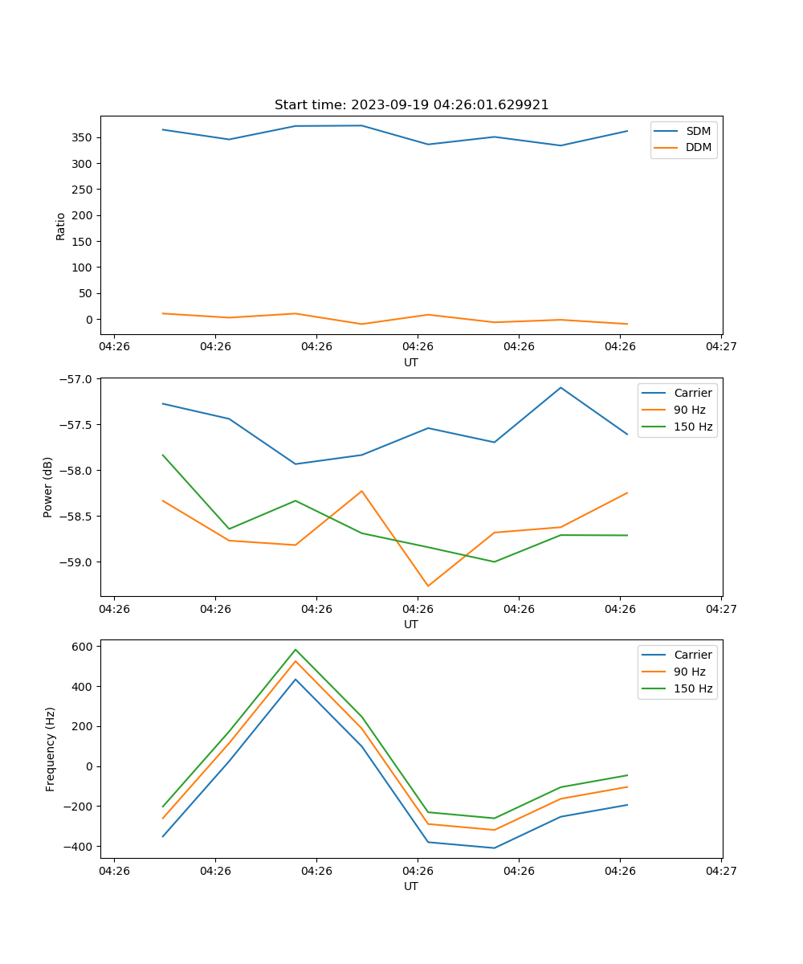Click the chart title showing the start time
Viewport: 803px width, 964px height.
411,105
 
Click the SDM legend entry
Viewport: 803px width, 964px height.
698,131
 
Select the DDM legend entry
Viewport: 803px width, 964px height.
698,147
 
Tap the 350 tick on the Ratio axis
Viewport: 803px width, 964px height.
84,138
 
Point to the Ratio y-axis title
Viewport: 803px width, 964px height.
61,226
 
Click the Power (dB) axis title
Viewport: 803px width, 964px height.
48,487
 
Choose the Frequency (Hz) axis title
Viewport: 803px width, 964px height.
51,749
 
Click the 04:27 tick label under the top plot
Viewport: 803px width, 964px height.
720,347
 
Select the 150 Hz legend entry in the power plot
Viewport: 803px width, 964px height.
693,427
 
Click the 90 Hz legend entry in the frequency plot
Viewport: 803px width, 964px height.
690,672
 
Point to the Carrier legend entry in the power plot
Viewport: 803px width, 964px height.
692,393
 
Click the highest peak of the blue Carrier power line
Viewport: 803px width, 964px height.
560,387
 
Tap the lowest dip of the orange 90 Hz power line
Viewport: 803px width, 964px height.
428,586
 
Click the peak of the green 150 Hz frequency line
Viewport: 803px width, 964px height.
296,650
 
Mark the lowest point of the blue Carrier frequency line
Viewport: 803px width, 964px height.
494,848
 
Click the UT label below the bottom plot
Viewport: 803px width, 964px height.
411,886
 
